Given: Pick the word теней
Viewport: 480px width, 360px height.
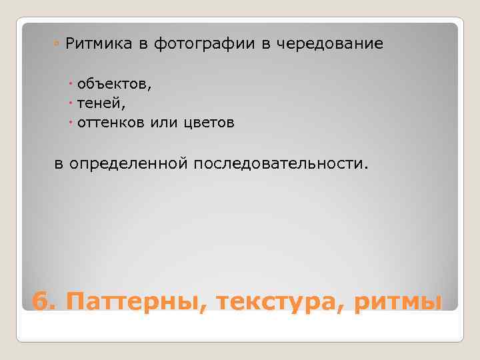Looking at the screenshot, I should (99, 104).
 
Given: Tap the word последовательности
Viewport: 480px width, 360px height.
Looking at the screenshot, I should (279, 164).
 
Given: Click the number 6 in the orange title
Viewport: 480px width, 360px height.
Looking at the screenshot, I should (40, 301).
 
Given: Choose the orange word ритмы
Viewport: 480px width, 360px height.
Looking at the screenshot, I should (398, 301).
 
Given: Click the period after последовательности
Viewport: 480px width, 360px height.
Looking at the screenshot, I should (365, 168).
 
